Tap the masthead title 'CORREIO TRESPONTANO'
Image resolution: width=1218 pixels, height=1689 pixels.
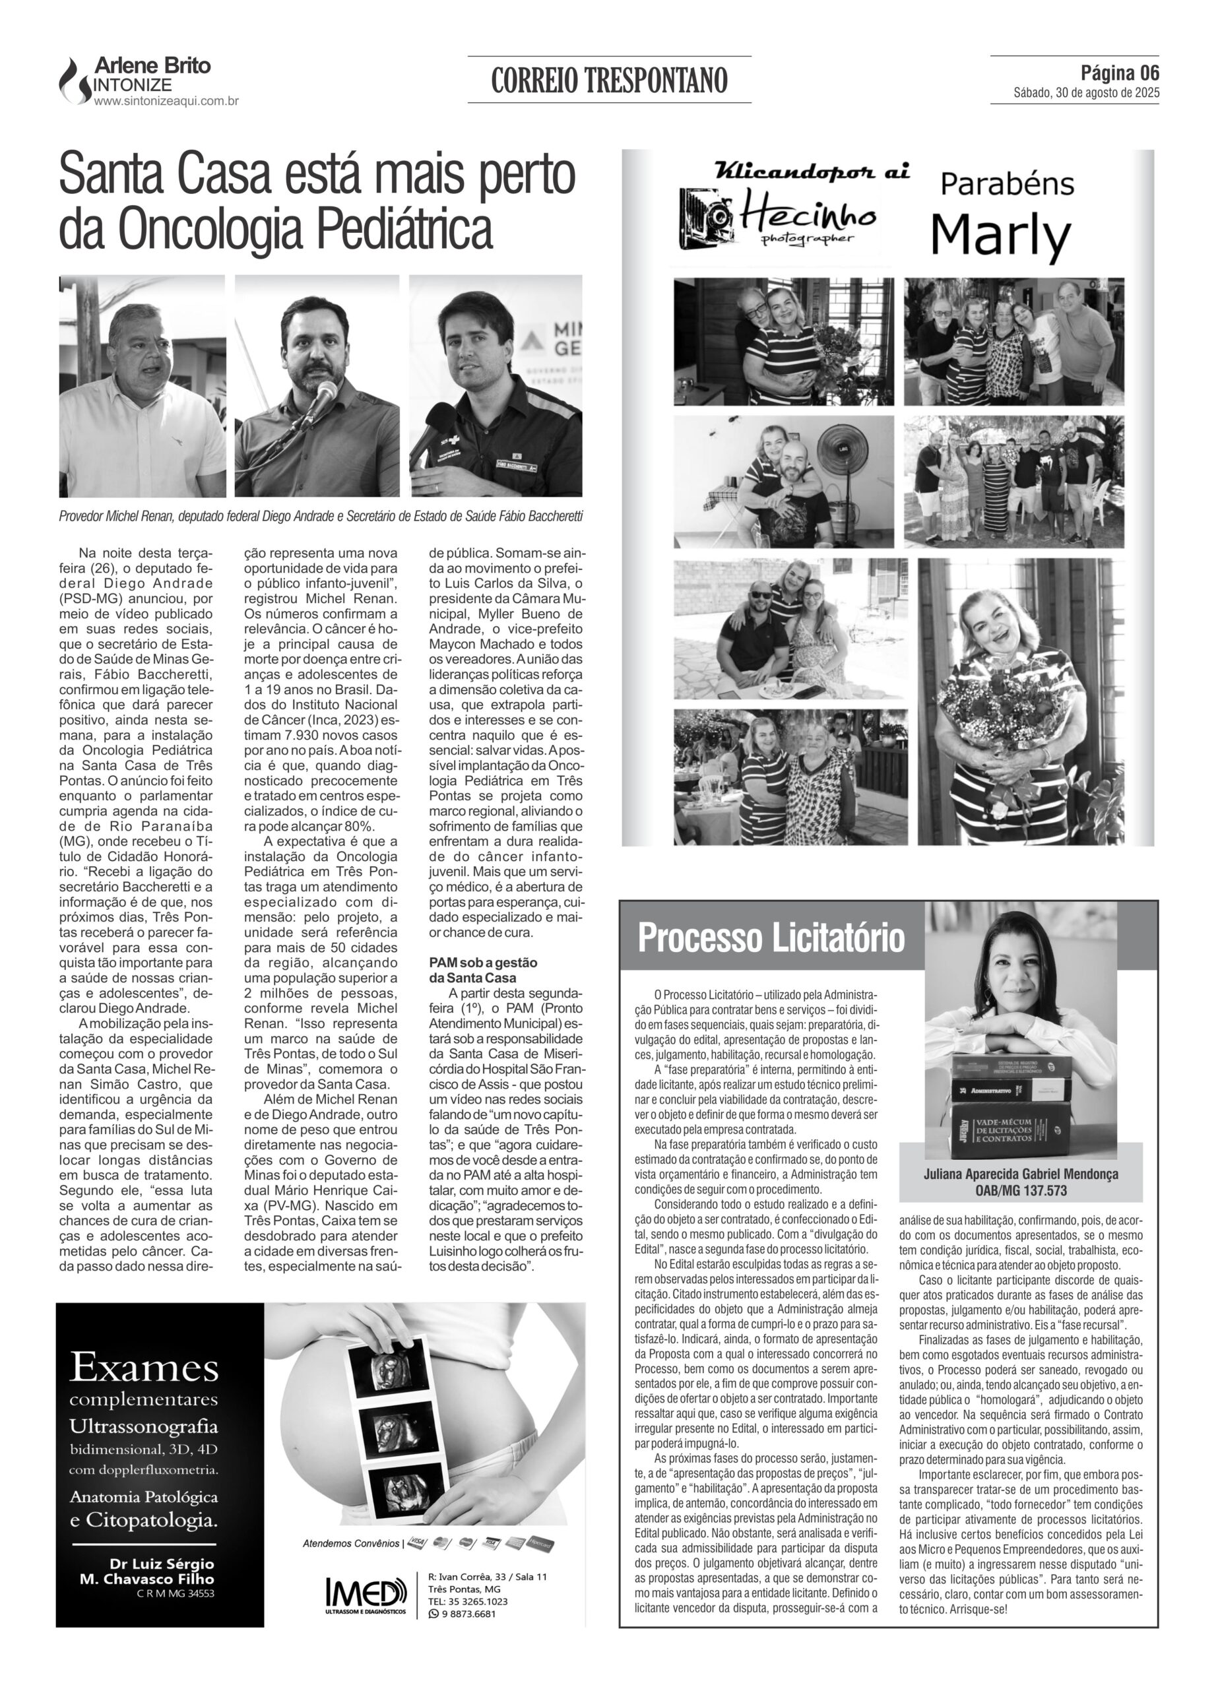point(608,80)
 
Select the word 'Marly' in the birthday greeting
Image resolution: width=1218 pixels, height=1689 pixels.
point(1000,236)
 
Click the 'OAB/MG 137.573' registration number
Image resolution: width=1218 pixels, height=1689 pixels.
point(1021,1190)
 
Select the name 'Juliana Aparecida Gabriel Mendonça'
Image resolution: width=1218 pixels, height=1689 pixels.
point(1021,1174)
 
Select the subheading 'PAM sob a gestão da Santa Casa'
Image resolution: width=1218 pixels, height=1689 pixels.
point(483,970)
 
